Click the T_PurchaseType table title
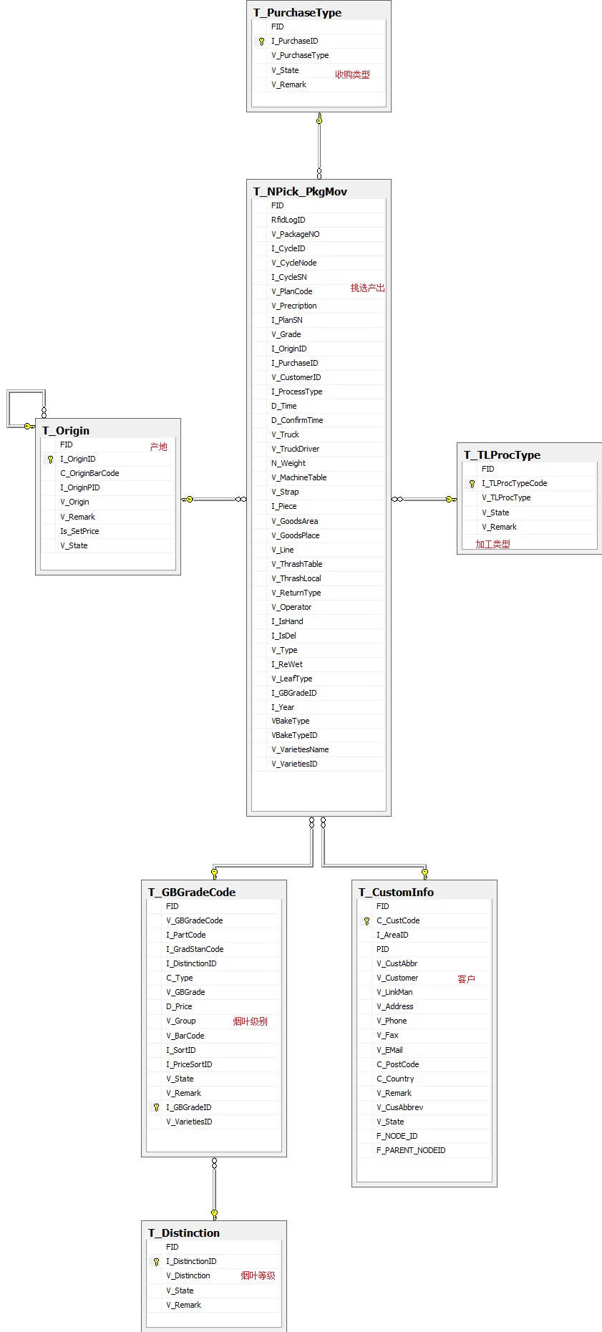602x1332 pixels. (x=297, y=12)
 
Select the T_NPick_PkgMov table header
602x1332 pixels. (x=300, y=191)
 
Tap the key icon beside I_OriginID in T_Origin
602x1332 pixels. (x=50, y=460)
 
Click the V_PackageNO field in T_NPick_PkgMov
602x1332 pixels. (x=295, y=234)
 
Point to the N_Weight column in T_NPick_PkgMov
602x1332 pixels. (x=288, y=463)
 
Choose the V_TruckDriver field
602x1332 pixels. (x=295, y=449)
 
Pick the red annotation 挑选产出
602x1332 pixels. (x=367, y=288)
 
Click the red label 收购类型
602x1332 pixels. (x=352, y=74)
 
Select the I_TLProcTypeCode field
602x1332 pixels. (x=514, y=483)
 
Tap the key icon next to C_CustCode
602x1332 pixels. (x=366, y=921)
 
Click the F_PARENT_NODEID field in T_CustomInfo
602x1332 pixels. (x=411, y=1150)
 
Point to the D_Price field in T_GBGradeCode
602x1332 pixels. (x=179, y=1006)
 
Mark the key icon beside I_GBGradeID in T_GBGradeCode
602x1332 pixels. (x=156, y=1107)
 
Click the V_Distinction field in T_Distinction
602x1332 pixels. (x=188, y=1275)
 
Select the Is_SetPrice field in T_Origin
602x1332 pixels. (x=79, y=531)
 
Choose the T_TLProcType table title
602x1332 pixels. (x=502, y=454)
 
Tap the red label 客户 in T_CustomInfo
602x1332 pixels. (x=466, y=979)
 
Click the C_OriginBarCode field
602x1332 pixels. (x=89, y=473)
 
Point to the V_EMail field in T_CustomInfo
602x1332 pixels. (x=389, y=1050)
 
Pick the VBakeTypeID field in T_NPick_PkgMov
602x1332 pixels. (x=294, y=735)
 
